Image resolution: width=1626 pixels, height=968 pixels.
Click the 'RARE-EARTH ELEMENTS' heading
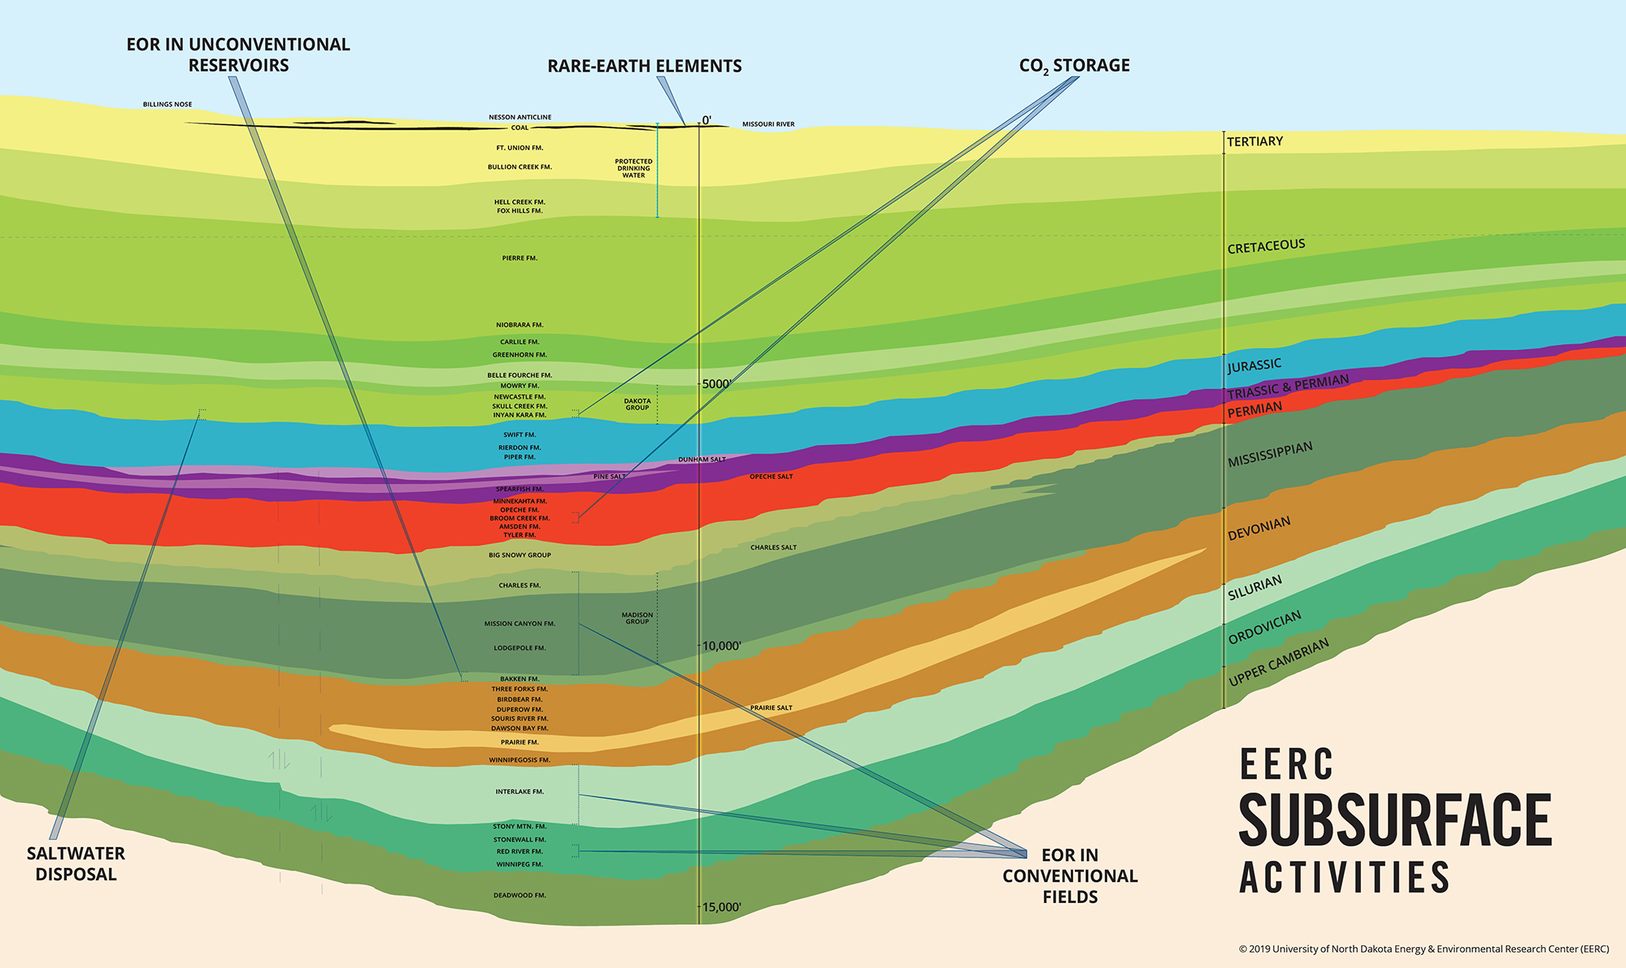pos(644,66)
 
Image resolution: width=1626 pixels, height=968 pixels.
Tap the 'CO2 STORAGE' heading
pos(1074,65)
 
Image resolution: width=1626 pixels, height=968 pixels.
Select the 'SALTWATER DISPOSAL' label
pos(76,863)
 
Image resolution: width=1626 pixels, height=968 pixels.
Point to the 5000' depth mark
pos(716,384)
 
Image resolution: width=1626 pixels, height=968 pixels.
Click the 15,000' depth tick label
pos(721,907)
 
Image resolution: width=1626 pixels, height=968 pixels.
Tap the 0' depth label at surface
pos(706,120)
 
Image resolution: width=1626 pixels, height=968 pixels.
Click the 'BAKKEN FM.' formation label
pos(520,679)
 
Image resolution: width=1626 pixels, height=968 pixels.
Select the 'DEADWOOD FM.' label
pos(520,895)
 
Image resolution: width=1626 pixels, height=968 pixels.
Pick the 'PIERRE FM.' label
pos(520,258)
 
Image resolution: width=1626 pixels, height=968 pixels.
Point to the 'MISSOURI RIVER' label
pos(768,124)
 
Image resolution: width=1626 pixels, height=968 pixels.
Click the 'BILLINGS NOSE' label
pos(167,104)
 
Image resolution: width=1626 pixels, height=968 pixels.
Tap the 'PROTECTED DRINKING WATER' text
pos(633,168)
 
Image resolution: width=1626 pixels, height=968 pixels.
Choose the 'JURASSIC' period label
pos(1254,366)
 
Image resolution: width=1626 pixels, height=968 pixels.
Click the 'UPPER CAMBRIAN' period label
pos(1278,662)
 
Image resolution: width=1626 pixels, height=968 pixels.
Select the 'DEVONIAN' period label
pos(1259,528)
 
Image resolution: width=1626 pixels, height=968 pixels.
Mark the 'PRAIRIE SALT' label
pos(771,708)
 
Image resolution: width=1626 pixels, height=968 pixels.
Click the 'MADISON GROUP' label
pos(637,619)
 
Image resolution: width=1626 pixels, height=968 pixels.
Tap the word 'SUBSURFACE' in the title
pos(1395,820)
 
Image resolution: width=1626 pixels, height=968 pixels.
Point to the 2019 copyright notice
pos(1424,948)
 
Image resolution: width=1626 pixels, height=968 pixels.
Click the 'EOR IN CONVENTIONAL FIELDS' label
pos(1070,875)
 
